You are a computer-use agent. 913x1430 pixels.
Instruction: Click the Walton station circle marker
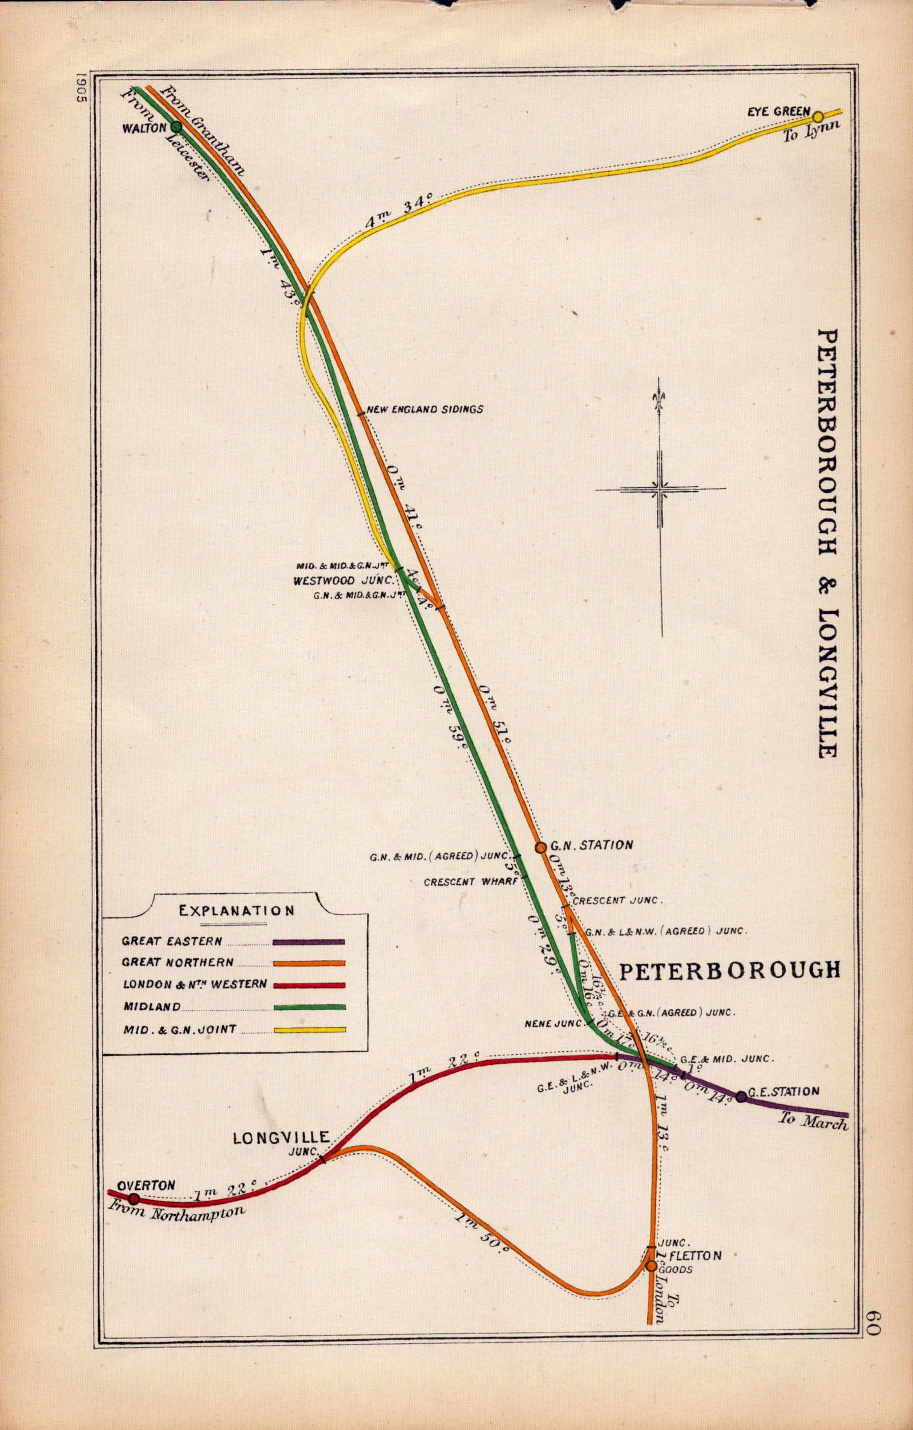pyautogui.click(x=176, y=127)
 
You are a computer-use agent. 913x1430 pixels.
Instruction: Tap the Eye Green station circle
pyautogui.click(x=818, y=116)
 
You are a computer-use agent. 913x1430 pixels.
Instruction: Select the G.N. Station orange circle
pyautogui.click(x=540, y=848)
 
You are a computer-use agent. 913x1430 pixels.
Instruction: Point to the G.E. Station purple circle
pyautogui.click(x=741, y=1097)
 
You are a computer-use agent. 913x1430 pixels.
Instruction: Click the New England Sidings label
pyautogui.click(x=425, y=409)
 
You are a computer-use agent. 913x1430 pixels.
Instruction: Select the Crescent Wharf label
pyautogui.click(x=458, y=882)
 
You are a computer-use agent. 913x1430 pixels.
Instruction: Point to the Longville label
pyautogui.click(x=281, y=1138)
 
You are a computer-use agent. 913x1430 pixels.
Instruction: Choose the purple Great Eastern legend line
pyautogui.click(x=308, y=942)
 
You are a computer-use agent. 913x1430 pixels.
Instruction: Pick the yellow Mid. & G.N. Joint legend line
pyautogui.click(x=308, y=1030)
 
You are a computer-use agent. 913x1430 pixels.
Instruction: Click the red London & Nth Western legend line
pyautogui.click(x=308, y=985)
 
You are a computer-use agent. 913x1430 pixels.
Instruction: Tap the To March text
pyautogui.click(x=813, y=1122)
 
